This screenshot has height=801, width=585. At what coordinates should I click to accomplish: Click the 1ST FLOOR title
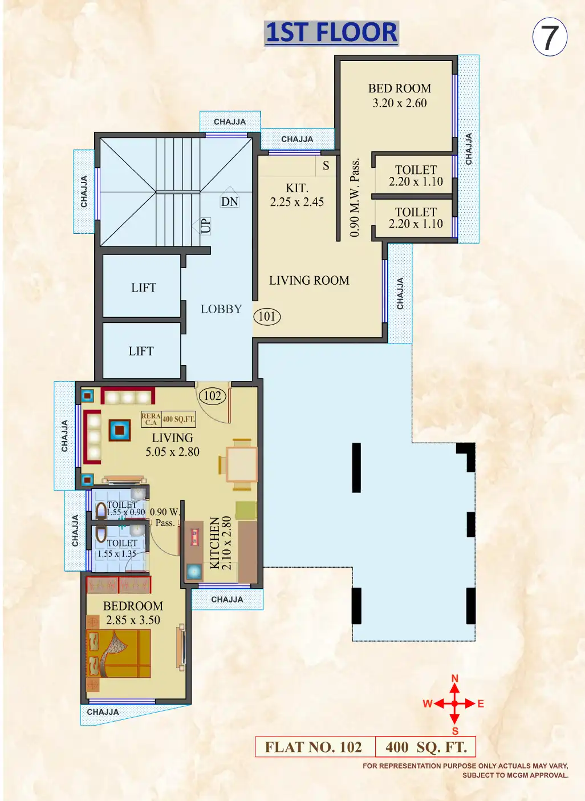click(x=331, y=33)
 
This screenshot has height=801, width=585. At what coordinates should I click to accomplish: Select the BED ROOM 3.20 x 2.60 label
click(x=399, y=96)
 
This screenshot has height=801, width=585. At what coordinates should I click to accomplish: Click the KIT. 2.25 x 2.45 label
click(x=297, y=195)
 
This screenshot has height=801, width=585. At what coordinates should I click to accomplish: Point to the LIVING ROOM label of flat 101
click(x=309, y=281)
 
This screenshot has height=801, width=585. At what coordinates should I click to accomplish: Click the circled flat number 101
click(x=267, y=317)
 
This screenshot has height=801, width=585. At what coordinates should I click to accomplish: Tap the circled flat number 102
click(x=212, y=396)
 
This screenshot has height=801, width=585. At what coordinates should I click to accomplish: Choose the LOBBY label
click(x=221, y=309)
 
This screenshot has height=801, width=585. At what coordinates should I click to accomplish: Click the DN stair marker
click(x=230, y=202)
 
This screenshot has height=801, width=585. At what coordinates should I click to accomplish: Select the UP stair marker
click(x=205, y=225)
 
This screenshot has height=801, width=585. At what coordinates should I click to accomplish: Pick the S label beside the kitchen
click(x=326, y=166)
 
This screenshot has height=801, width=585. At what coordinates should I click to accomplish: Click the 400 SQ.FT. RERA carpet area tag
click(x=178, y=419)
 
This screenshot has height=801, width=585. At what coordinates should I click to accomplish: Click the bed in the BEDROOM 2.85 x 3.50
click(x=119, y=654)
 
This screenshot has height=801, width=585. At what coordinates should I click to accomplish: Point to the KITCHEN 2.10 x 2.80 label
click(x=221, y=543)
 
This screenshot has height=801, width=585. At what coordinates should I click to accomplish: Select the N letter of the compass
click(x=455, y=679)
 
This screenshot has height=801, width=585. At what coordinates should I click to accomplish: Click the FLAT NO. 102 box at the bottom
click(x=314, y=747)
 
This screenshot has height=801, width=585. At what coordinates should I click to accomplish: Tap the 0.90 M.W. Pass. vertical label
click(x=355, y=197)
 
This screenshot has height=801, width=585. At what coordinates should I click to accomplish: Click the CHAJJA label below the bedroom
click(x=103, y=712)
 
